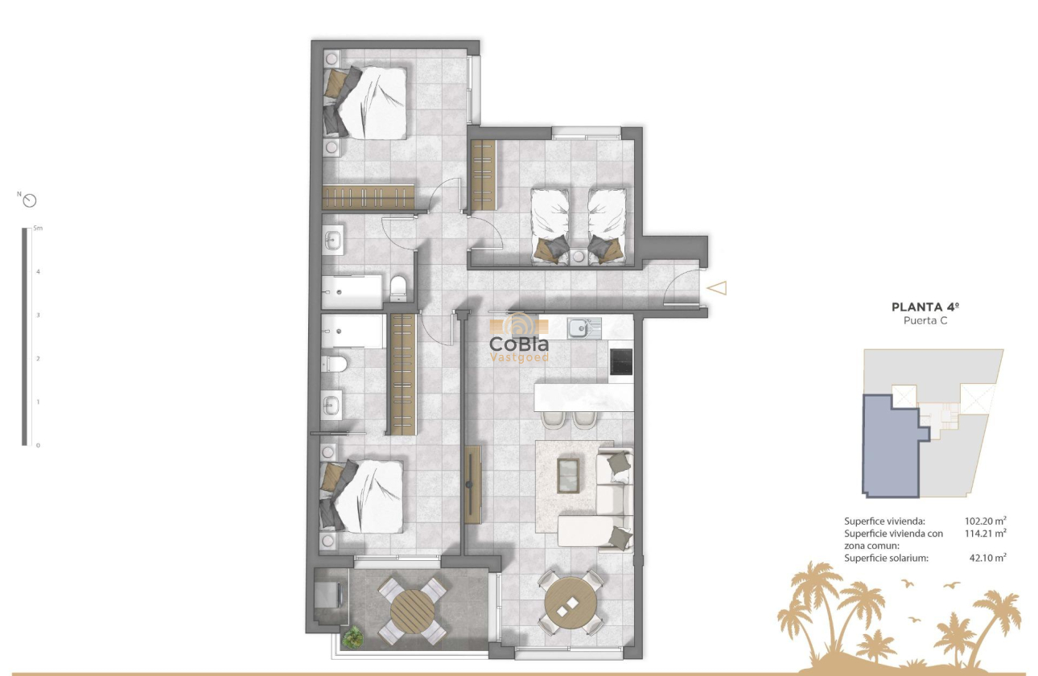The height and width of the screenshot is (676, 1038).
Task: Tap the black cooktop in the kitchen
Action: click(621, 361)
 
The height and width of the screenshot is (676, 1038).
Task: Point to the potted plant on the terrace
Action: click(352, 637)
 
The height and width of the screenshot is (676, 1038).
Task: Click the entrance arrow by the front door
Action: click(716, 287)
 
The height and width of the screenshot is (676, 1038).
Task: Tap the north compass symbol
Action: click(31, 200)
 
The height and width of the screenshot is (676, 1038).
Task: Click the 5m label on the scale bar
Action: click(38, 229)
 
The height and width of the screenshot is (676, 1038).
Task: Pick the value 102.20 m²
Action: click(986, 521)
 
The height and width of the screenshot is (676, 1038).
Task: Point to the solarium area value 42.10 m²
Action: click(988, 557)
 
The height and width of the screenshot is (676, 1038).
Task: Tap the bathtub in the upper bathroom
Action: click(352, 291)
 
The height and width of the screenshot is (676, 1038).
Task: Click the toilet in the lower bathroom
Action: click(334, 365)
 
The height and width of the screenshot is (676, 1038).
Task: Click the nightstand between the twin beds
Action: click(579, 257)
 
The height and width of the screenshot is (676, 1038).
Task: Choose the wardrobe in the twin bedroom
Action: click(483, 174)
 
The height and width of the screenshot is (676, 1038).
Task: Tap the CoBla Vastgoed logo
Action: click(520, 340)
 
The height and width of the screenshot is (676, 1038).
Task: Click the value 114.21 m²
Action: click(986, 533)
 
